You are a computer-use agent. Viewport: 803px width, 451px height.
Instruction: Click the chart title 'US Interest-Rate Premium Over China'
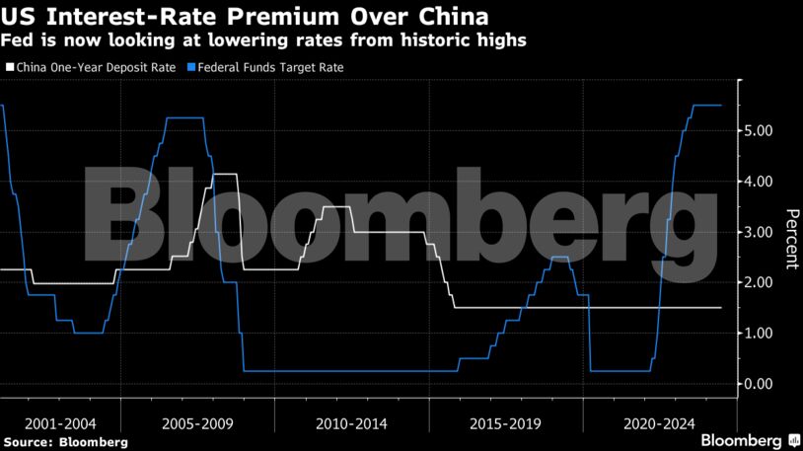246,17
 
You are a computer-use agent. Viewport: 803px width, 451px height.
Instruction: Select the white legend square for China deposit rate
10,68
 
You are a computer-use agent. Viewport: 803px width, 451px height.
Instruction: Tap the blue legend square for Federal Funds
190,68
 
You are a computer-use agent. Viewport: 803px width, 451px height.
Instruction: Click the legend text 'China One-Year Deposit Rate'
96,68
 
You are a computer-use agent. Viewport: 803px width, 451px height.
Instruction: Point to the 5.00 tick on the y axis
766,130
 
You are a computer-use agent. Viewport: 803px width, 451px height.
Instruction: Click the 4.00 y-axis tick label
766,182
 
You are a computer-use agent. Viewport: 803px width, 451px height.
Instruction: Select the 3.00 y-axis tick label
766,232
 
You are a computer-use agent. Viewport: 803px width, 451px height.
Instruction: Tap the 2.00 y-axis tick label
766,282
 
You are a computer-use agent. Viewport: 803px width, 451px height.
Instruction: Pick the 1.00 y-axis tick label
766,334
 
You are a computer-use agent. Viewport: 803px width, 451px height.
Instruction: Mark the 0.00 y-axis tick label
766,384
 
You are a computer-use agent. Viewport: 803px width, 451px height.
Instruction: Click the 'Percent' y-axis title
790,240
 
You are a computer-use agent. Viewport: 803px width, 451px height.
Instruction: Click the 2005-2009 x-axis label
198,423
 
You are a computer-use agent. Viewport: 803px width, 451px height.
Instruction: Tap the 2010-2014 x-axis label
352,423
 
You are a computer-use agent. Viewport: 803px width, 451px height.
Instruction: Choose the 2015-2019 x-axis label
505,423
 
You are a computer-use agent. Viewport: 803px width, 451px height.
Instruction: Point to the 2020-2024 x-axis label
659,423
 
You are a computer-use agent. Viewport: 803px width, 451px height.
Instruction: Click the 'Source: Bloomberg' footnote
65,442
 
